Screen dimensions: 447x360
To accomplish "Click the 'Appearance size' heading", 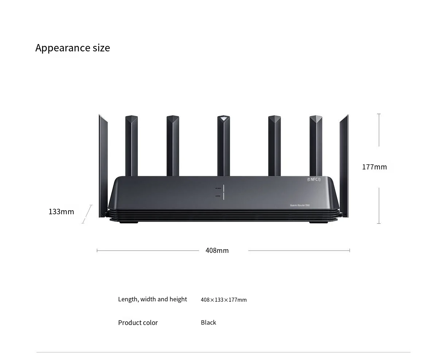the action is (73, 48).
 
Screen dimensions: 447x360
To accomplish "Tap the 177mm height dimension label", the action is (374, 167).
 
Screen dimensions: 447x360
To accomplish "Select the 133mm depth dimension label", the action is (61, 212).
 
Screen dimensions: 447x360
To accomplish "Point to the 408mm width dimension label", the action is (217, 250).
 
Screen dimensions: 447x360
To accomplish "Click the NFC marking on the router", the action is (314, 179).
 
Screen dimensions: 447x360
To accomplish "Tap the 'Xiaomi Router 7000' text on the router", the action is (300, 206).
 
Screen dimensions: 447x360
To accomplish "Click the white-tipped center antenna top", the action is (223, 118).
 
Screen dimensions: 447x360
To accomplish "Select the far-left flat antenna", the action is (103, 164).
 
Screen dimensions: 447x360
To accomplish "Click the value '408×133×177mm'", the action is (223, 300).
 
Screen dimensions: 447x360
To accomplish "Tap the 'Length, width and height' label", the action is (152, 299).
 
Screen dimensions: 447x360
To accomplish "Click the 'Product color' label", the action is (138, 322).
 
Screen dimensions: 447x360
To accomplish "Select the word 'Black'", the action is (208, 322).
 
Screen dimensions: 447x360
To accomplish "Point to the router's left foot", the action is (129, 222).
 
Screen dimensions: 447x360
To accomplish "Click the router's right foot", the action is (318, 222).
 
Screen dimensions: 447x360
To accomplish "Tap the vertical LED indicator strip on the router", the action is (223, 192).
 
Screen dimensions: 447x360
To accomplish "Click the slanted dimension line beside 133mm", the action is (87, 214).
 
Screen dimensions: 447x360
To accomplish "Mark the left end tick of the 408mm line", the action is (97, 250).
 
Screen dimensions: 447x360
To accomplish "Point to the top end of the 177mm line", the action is (379, 114).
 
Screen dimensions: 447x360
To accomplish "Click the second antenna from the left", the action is (131, 146).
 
